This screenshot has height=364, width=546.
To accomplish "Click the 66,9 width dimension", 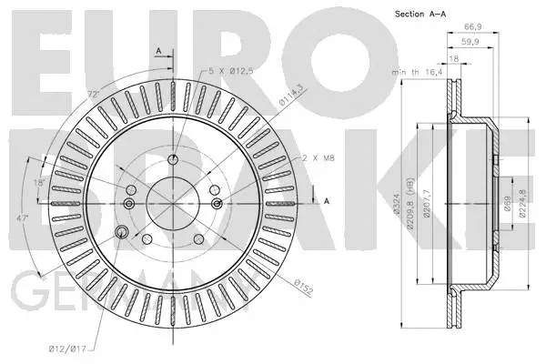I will pos(470,27).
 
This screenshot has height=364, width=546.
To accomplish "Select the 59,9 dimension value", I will pos(470,43).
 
